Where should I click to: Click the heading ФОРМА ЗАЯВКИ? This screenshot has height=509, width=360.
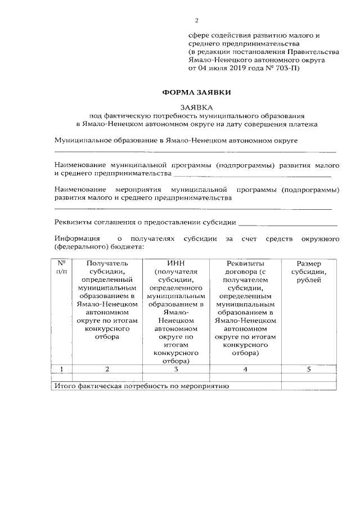coord(197,92)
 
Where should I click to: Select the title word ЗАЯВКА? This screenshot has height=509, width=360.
coord(197,106)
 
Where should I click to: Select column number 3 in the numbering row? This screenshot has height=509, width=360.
coord(175,369)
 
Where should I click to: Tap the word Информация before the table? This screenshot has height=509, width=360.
coord(77,239)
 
